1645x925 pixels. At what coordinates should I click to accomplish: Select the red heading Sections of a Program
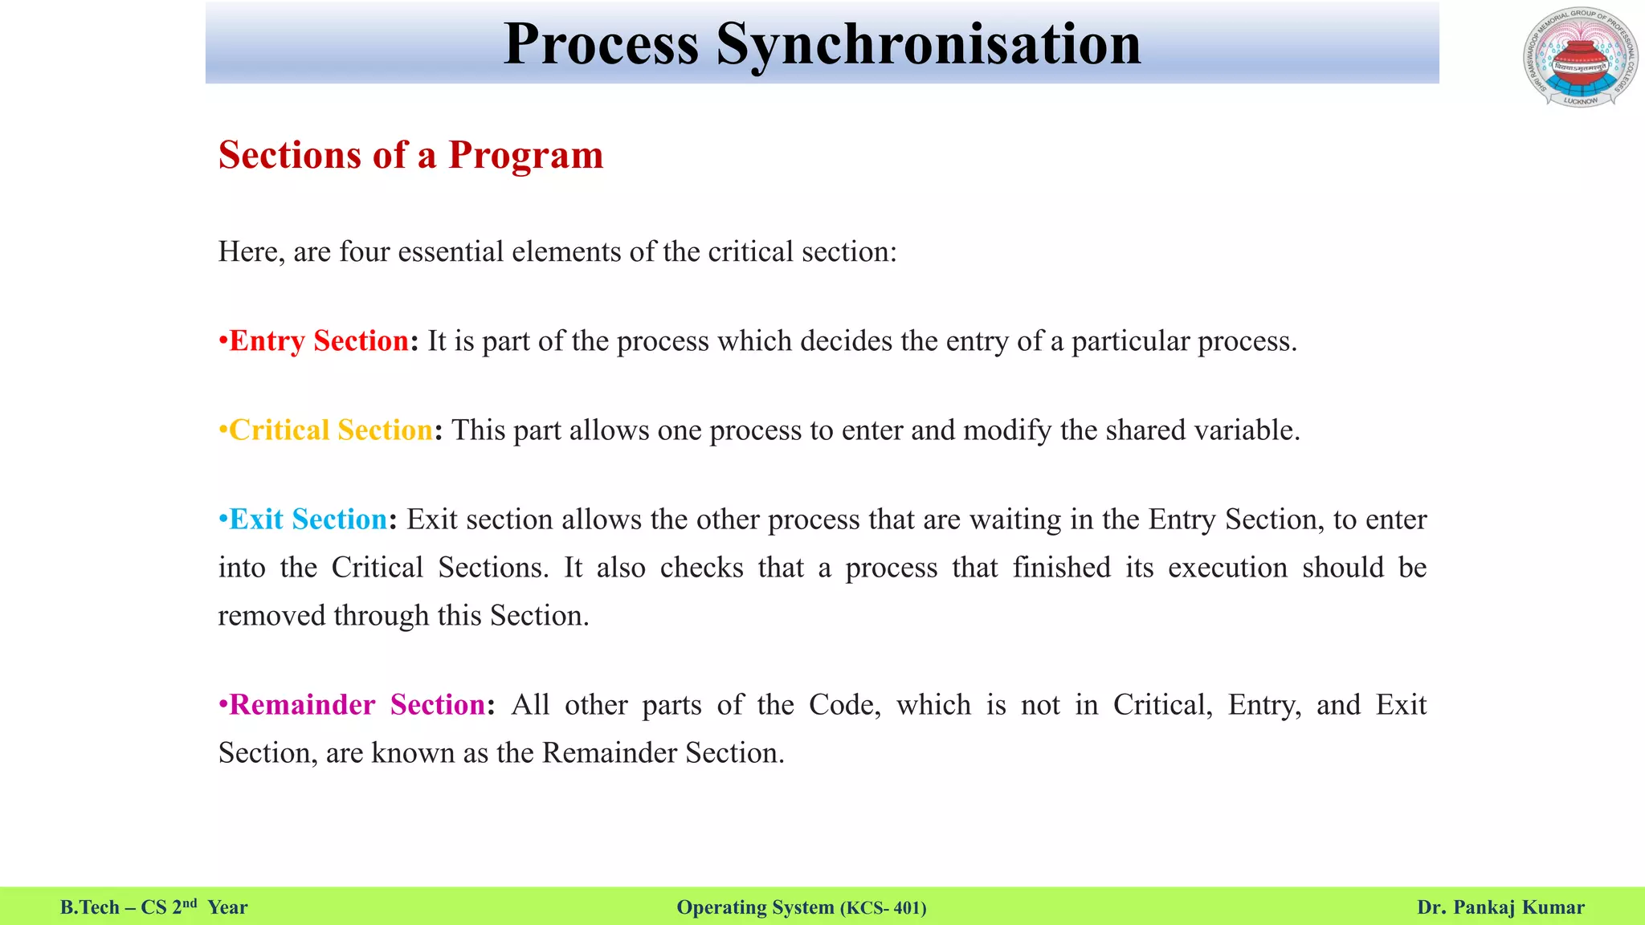tap(410, 155)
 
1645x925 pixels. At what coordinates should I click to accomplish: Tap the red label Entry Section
tap(319, 341)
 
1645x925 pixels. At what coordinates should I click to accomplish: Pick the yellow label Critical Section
tap(331, 430)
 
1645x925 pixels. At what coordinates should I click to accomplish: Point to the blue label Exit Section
tap(308, 520)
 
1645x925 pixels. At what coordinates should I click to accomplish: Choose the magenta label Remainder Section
tap(357, 705)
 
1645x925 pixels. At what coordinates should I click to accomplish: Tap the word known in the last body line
tap(413, 753)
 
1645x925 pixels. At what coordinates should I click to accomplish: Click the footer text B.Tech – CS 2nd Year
tap(153, 907)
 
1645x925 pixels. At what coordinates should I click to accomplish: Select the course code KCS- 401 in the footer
tap(883, 908)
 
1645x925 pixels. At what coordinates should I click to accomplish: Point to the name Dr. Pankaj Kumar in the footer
tap(1500, 907)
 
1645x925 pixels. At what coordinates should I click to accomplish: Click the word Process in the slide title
tap(601, 44)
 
